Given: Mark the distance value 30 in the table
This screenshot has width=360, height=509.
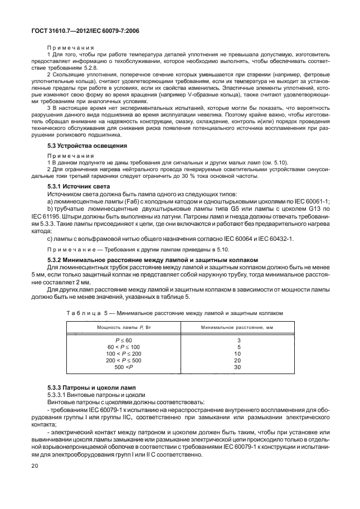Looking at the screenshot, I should coord(237,367).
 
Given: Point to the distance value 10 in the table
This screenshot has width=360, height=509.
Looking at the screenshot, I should coord(237,353).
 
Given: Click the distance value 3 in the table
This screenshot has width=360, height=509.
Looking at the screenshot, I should coord(238,340).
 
